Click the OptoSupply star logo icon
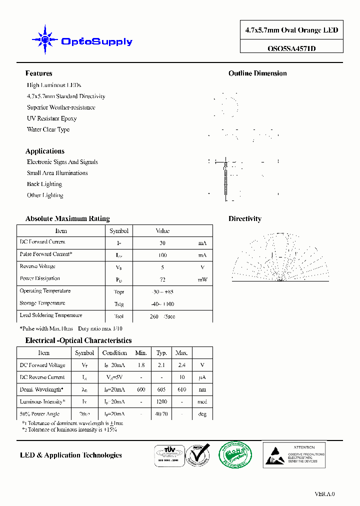[45, 39]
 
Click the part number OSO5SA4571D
[291, 49]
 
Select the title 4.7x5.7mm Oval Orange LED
[291, 30]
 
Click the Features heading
[38, 73]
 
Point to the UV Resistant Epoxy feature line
[51, 118]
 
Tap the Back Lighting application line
[44, 184]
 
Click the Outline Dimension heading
[257, 73]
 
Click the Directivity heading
[244, 219]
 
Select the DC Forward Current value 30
[162, 243]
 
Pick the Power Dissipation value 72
[162, 279]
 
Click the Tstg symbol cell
[119, 304]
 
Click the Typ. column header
[161, 353]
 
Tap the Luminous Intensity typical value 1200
[161, 402]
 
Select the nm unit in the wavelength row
[202, 389]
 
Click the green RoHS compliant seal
[235, 455]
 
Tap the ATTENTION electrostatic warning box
[294, 454]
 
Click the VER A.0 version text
[324, 494]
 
